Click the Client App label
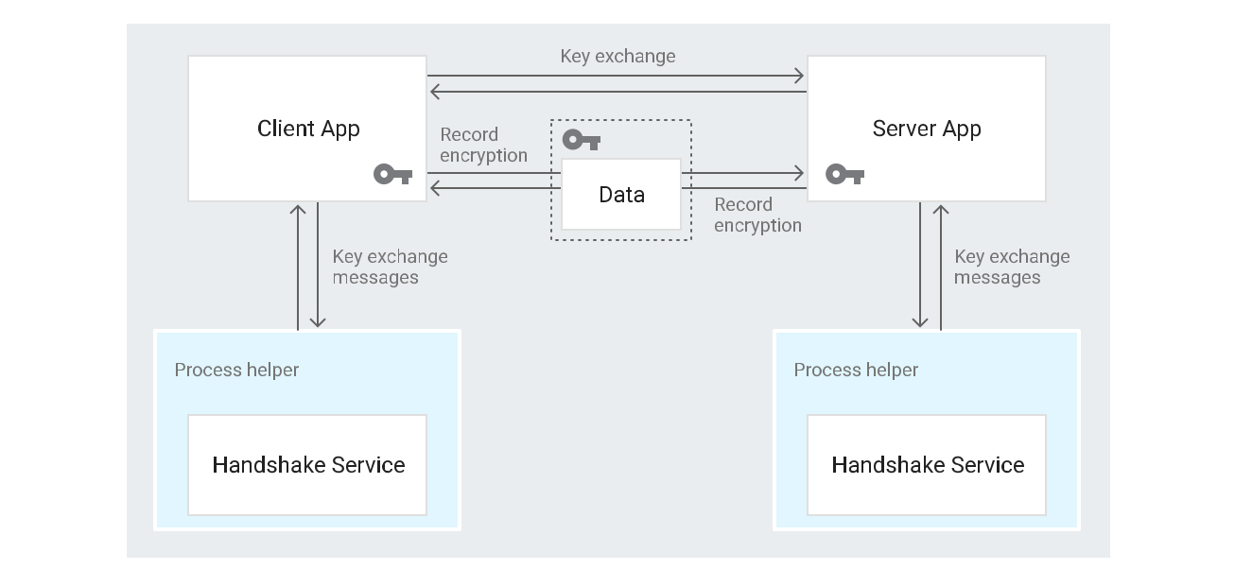[308, 129]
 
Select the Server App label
[927, 129]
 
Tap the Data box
[621, 195]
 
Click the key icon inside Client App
[392, 174]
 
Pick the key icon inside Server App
[844, 174]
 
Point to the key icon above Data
[582, 140]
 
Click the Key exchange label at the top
[617, 56]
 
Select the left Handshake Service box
[307, 465]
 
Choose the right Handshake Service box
[927, 465]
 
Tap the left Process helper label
[236, 370]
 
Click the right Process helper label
[856, 370]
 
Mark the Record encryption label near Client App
[483, 145]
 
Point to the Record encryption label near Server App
[757, 215]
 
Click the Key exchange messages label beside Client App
[390, 267]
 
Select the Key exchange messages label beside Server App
[1012, 267]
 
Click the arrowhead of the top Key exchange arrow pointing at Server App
[799, 76]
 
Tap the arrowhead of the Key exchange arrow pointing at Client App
[434, 92]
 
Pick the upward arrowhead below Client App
[298, 210]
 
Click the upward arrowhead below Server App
[941, 210]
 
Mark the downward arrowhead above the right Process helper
[920, 322]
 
